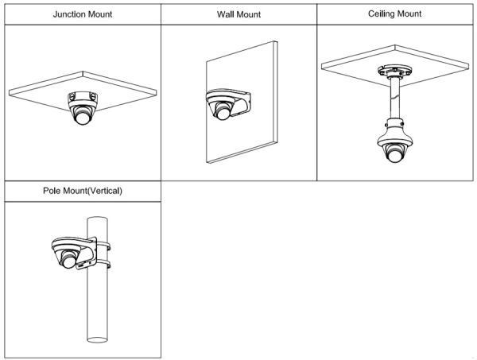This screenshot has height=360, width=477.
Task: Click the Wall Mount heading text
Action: [x=238, y=14]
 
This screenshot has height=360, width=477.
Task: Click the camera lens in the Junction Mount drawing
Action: [x=82, y=119]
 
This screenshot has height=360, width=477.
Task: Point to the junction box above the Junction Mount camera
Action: [x=83, y=99]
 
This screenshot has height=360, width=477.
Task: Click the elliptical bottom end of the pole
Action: [x=98, y=339]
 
